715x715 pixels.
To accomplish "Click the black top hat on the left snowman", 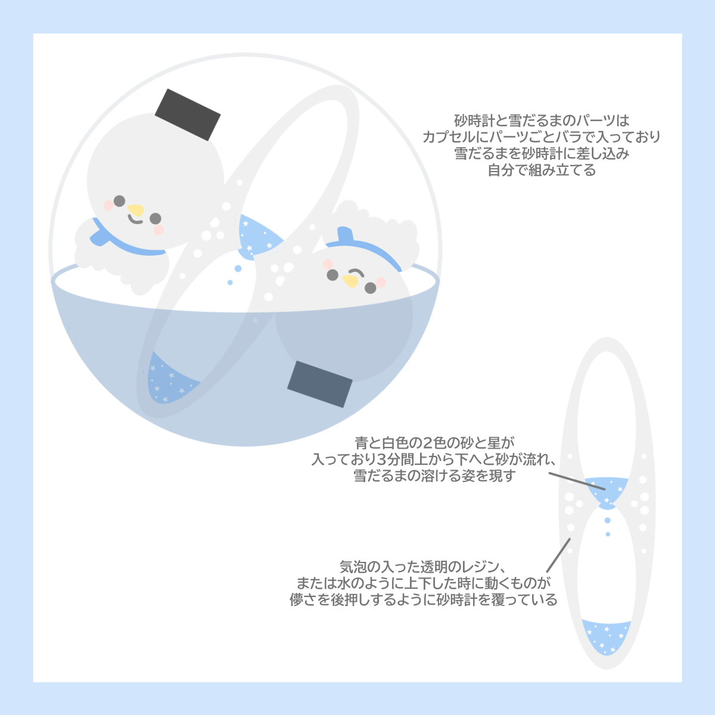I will point(188,115).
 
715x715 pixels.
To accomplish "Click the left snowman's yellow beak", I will point(136,210).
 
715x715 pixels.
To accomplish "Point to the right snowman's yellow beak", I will point(350,281).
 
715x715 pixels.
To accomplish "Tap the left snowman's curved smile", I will point(136,220).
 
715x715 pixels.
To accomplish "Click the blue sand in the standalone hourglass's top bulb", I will point(607,491).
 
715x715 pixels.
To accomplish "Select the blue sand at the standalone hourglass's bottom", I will point(606,636).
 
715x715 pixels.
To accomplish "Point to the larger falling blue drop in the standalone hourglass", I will point(607,521).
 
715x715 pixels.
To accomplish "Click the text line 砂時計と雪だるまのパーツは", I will point(541,120).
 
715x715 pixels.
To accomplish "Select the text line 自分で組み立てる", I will point(541,170).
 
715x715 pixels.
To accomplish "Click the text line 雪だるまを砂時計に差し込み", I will point(541,154).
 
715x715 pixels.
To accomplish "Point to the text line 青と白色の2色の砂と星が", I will point(434,443).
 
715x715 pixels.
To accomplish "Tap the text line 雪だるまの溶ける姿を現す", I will point(434,476).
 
